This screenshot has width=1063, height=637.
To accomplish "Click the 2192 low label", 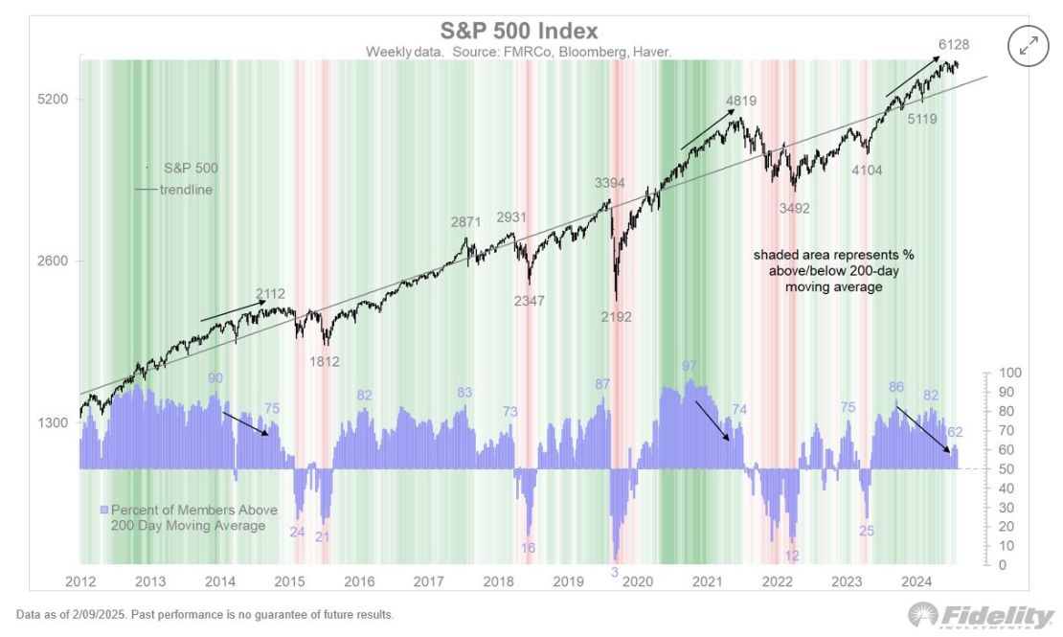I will [616, 317].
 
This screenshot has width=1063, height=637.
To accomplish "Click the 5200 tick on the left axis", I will [52, 100].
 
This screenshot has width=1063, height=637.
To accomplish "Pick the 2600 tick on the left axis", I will [52, 262].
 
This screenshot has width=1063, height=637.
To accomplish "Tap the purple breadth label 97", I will [690, 366].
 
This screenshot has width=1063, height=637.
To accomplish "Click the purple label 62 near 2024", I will [955, 432].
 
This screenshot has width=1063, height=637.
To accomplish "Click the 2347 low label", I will [527, 301].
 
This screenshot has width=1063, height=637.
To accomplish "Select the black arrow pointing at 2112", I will [233, 310].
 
